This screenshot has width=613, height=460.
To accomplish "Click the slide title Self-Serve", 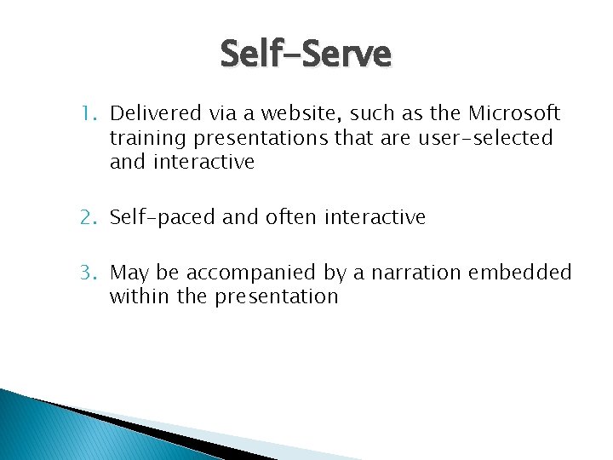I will pos(306,55).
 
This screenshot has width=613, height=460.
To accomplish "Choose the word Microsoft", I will pos(513,113).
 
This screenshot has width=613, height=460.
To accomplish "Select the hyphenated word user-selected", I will pos(485,138).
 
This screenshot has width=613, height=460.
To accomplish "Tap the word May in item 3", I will pos(129,273).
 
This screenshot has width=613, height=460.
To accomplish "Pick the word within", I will pos(139,296).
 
